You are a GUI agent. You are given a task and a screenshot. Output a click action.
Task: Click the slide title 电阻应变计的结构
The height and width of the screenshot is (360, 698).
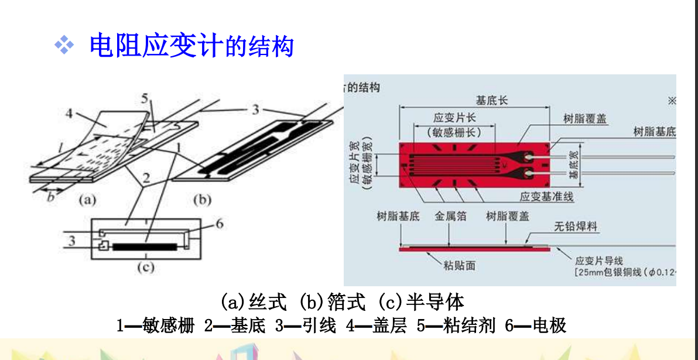coord(191,46)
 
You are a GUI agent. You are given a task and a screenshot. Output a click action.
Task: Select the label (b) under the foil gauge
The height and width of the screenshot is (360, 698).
coord(202,200)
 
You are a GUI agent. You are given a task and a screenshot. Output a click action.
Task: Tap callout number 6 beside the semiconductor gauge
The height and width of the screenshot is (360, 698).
coord(220,224)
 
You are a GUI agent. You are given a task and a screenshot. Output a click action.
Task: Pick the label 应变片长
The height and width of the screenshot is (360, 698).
coord(454,117)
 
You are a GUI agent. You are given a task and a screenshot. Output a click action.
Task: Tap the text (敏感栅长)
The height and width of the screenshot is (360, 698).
coord(454,132)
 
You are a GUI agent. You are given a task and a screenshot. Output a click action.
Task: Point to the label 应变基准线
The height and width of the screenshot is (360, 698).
coord(547,197)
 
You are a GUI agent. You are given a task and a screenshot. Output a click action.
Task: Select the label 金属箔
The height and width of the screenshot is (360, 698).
coord(450,216)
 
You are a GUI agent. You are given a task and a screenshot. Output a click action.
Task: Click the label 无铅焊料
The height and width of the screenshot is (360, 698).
coord(576,226)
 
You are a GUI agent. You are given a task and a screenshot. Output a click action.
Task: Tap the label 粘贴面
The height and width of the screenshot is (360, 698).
coord(459,266)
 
